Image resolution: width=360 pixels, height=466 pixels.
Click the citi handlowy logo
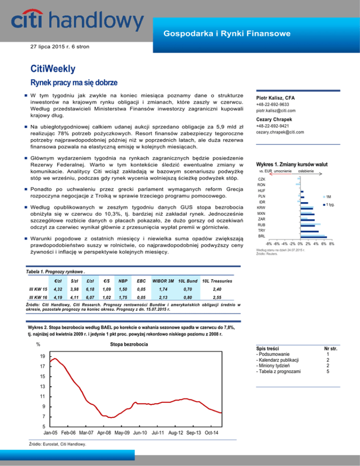tap(77, 21)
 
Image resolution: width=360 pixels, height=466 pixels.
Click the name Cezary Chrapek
tap(274, 120)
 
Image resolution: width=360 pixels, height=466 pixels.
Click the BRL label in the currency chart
tap(262, 237)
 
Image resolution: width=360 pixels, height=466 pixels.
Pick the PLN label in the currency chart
tap(262, 196)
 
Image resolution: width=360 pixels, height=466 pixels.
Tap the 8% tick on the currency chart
tap(331, 244)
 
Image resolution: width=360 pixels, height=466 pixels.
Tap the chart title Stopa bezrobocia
tap(129, 345)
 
